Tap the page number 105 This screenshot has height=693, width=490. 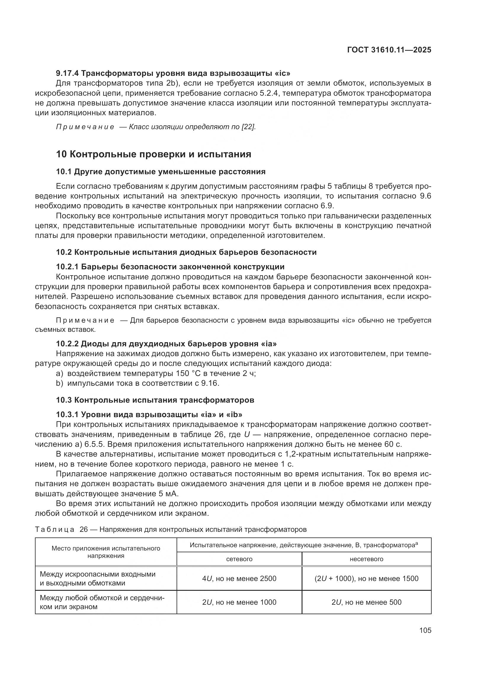click(425, 630)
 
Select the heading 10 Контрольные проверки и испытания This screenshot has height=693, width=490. click(153, 154)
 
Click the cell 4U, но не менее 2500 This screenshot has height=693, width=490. click(239, 579)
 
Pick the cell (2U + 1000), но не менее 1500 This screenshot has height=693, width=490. click(366, 579)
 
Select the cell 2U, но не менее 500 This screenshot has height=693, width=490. click(366, 602)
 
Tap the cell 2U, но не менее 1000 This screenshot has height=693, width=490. click(239, 602)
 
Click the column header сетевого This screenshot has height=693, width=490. click(239, 559)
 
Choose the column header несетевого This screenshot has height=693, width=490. click(366, 559)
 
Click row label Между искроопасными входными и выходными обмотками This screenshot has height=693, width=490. click(98, 579)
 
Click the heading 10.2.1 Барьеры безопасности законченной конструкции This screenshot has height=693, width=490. click(170, 267)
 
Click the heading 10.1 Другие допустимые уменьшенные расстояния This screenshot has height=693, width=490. click(161, 172)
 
